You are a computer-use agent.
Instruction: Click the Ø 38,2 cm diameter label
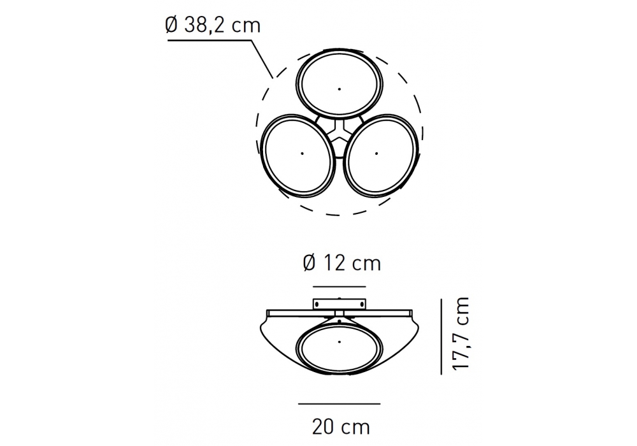213,25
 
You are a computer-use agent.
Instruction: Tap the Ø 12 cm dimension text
342,263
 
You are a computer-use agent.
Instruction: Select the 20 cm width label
341,427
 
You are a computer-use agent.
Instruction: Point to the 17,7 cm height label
461,333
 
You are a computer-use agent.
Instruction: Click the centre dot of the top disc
340,89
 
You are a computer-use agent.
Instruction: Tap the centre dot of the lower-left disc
302,153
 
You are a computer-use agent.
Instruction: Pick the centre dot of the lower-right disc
376,154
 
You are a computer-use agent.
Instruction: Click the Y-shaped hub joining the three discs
340,133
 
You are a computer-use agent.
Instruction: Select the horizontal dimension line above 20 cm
340,404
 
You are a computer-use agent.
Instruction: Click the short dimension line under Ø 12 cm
340,286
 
